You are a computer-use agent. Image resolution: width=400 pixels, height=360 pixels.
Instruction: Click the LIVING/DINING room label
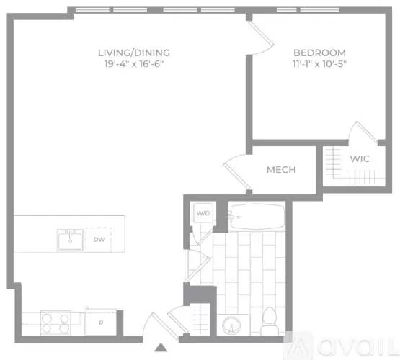pos(134,53)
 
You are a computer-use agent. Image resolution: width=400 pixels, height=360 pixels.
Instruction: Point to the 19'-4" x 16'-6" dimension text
pos(134,64)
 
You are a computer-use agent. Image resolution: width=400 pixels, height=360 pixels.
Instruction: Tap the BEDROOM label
pos(319,53)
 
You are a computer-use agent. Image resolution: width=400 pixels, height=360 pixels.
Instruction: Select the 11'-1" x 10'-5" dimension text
pos(319,64)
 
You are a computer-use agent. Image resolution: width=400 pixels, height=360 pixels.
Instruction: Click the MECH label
pos(282,170)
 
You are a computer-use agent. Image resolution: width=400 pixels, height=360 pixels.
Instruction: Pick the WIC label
pos(360,158)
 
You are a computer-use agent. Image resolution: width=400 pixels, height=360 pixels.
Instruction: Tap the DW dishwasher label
pos(98,239)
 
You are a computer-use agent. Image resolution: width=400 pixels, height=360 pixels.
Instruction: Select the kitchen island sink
pos(70,240)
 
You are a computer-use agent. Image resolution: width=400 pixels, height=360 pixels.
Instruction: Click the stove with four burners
pos(55,323)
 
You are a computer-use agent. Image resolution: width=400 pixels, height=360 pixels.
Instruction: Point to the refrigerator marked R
pos(100,322)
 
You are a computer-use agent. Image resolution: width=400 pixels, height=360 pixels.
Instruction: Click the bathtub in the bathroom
pos(257,217)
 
